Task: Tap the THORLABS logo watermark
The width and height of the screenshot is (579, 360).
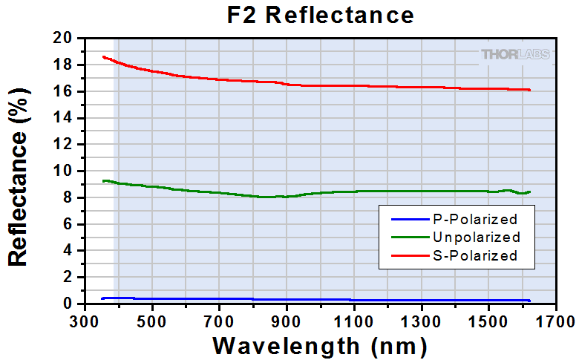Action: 515,53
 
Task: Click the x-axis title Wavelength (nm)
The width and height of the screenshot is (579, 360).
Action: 320,345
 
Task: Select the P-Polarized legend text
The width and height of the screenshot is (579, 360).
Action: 474,220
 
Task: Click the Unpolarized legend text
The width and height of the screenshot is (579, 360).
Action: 475,238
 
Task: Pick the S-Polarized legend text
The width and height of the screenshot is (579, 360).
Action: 474,256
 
